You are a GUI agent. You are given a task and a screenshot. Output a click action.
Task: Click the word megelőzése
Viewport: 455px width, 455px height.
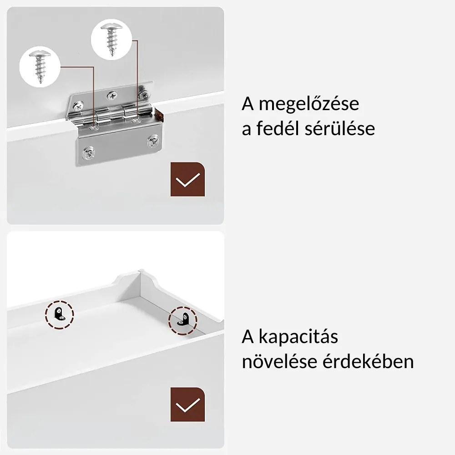point(309,104)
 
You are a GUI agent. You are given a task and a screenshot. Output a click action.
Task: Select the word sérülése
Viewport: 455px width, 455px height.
point(340,128)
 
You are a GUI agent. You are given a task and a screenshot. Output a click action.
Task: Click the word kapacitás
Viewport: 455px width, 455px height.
point(298,337)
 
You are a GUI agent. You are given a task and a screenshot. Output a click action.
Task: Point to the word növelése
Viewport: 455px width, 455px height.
point(279,362)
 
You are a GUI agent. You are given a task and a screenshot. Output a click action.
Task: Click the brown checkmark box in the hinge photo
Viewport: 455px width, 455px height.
point(187,179)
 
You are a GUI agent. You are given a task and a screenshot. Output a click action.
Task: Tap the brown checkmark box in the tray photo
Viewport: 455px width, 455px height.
point(187,404)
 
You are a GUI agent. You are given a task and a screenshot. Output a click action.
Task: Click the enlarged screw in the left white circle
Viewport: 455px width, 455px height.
point(40,66)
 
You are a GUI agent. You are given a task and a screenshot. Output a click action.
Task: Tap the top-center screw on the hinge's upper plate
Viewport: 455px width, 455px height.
point(112,96)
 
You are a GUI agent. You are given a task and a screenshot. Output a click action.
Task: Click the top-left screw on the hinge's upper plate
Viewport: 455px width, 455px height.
point(78,106)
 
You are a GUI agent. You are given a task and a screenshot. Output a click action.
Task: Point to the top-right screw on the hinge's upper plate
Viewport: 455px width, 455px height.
point(143,94)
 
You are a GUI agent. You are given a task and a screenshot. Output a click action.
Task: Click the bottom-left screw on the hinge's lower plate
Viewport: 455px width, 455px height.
point(88,153)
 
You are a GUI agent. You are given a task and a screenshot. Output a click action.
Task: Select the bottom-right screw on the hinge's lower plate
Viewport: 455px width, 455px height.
point(153,142)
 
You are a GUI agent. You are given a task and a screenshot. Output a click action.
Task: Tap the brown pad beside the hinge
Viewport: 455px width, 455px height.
point(159,115)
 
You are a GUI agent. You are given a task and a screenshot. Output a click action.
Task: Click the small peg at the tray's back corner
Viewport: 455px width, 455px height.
point(141,270)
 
